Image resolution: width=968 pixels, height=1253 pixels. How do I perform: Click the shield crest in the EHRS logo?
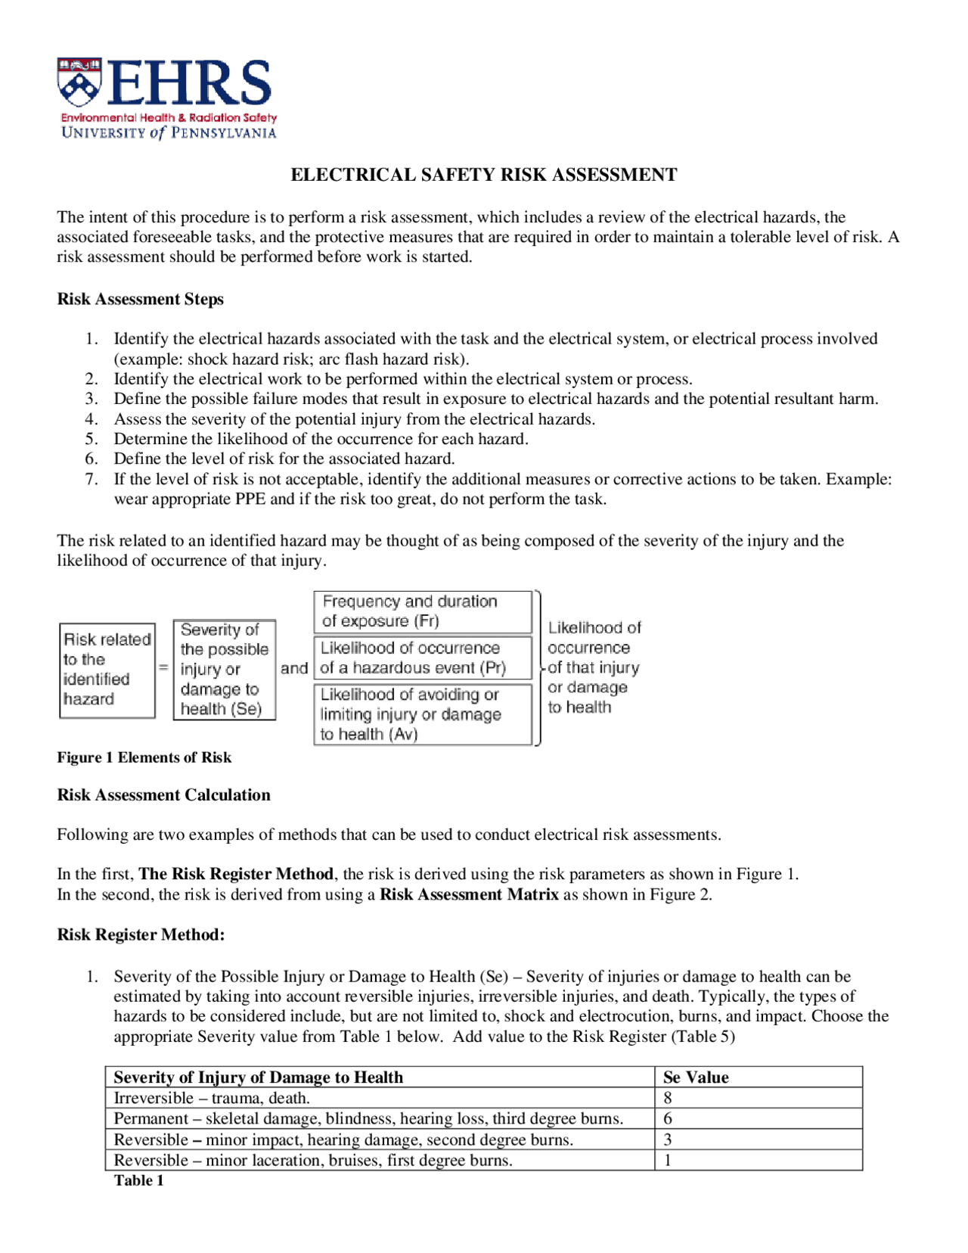[x=79, y=82]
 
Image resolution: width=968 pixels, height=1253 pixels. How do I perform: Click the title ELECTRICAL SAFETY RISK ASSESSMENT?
[x=484, y=175]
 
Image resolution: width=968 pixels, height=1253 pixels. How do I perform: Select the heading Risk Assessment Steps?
[x=140, y=299]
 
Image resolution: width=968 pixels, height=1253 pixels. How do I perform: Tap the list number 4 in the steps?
[x=92, y=419]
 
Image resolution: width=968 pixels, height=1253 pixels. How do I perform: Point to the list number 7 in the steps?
[x=92, y=479]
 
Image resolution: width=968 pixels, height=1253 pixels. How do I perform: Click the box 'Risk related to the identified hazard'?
[x=107, y=670]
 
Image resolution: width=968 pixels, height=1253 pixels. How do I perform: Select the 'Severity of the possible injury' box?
[x=224, y=670]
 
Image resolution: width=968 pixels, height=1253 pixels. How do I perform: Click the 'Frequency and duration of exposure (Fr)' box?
[x=423, y=611]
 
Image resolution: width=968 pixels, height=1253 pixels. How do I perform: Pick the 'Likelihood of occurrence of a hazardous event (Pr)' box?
[x=423, y=658]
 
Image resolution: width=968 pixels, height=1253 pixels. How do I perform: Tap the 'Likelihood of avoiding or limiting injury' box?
[x=423, y=714]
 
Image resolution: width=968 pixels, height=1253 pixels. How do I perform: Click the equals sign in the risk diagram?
[x=163, y=668]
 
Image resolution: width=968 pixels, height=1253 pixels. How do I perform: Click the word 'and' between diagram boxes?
[x=294, y=668]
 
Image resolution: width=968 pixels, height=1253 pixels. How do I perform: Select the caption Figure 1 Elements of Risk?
[x=144, y=757]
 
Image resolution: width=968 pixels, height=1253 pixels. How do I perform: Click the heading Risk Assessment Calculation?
[x=163, y=794]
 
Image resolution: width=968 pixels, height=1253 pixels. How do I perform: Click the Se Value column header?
[x=696, y=1077]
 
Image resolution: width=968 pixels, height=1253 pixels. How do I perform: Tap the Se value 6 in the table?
[x=668, y=1118]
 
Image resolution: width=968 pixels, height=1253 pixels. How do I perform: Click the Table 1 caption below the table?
[x=139, y=1180]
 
